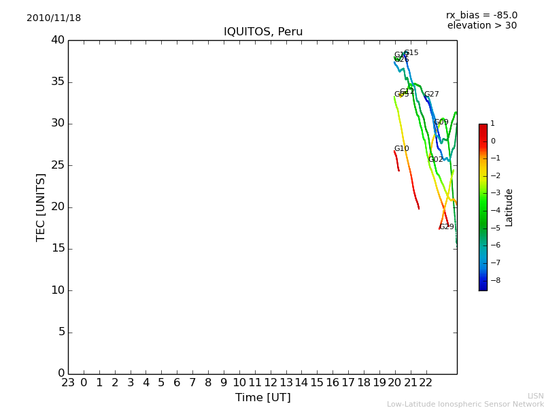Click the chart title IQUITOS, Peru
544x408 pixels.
pos(263,32)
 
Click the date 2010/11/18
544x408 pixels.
pos(54,18)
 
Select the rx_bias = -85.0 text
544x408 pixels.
pos(481,15)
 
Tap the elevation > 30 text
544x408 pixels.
pos(481,26)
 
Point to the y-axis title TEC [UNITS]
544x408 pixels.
pos(41,207)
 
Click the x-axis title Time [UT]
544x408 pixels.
pos(262,397)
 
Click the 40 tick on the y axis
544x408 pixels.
pos(57,40)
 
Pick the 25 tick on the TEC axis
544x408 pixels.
pos(57,165)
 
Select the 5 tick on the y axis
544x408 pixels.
pos(61,332)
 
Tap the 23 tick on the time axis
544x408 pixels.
pos(68,383)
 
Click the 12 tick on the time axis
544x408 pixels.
pos(271,383)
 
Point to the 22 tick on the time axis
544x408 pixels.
pos(426,383)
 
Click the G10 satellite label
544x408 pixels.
pos(401,149)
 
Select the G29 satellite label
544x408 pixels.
pos(447,227)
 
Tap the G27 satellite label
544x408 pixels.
pos(432,95)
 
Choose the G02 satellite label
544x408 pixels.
pos(435,160)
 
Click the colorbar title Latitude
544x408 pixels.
pos(509,207)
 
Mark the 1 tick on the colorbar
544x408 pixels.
pos(492,124)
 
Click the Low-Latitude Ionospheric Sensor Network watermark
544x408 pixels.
pos(465,404)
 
